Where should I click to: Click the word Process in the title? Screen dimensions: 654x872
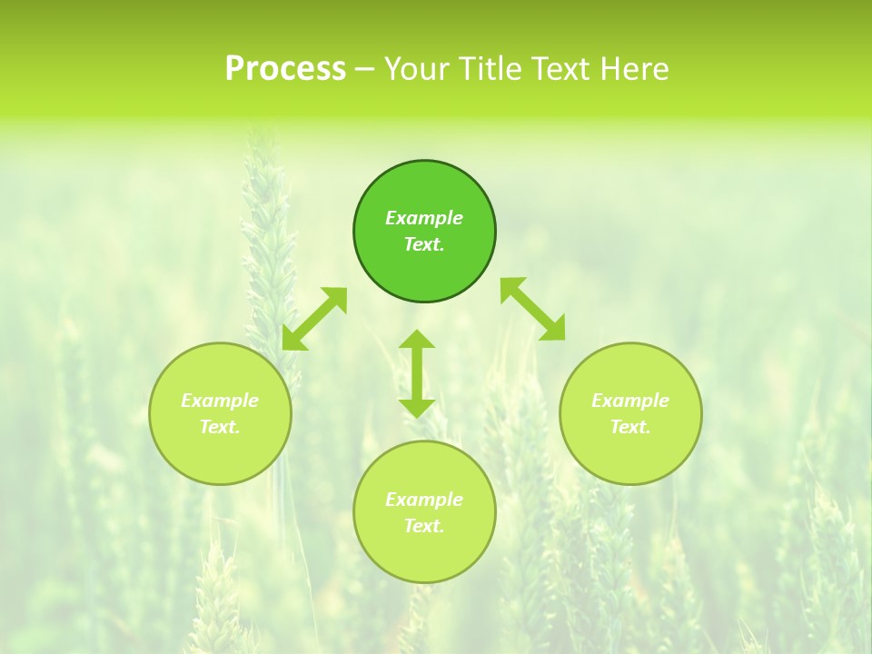point(285,69)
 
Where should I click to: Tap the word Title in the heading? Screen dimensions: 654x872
point(494,69)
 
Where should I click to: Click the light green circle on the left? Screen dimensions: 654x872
point(220,454)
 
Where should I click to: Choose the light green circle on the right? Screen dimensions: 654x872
point(630,454)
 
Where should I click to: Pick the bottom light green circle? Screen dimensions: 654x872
point(424,554)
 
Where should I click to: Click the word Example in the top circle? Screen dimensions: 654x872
point(424,218)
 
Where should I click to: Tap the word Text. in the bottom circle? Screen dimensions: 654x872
point(424,526)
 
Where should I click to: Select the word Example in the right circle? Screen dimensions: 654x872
point(630,401)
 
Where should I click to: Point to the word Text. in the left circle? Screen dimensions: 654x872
point(220,427)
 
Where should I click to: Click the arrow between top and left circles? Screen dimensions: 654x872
point(314,319)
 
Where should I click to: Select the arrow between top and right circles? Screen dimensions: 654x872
point(533,309)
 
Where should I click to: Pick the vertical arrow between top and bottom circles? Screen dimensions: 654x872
point(417,373)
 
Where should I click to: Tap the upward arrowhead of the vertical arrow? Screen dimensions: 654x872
point(417,339)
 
